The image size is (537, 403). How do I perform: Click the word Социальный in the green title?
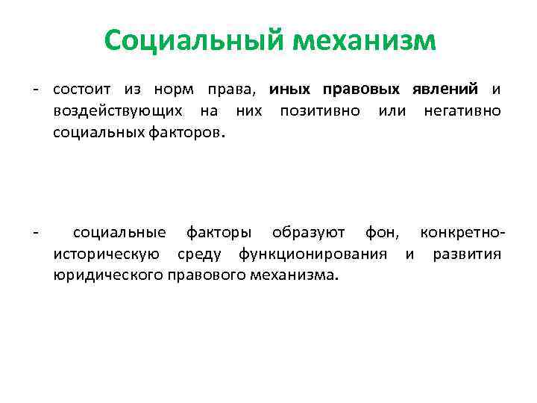pyautogui.click(x=195, y=40)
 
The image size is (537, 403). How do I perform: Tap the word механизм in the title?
pyautogui.click(x=365, y=40)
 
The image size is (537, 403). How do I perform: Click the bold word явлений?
pyautogui.click(x=445, y=90)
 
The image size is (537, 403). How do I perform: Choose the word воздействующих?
pyautogui.click(x=117, y=111)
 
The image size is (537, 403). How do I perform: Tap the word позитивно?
pyautogui.click(x=320, y=111)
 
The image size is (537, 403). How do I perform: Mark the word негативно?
pyautogui.click(x=462, y=111)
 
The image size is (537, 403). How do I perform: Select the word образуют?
pyautogui.click(x=308, y=234)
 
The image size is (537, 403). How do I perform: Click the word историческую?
pyautogui.click(x=105, y=254)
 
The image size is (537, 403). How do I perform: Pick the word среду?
pyautogui.click(x=198, y=254)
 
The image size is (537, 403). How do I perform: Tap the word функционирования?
pyautogui.click(x=313, y=254)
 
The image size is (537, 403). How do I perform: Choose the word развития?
pyautogui.click(x=466, y=254)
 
